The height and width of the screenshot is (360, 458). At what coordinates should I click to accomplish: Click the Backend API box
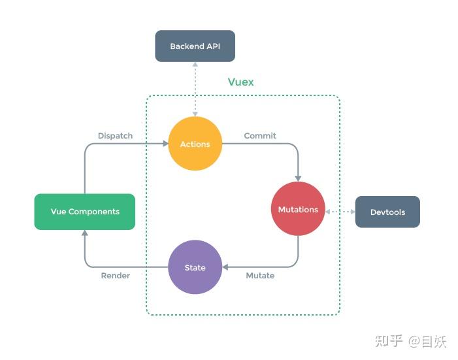pyautogui.click(x=195, y=46)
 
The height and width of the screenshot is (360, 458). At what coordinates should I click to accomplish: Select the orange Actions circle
pyautogui.click(x=195, y=144)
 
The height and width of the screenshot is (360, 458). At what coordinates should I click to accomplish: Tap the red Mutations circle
pyautogui.click(x=298, y=209)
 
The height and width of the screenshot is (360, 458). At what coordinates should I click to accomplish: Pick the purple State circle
pyautogui.click(x=195, y=267)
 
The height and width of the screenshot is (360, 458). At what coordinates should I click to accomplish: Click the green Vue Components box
pyautogui.click(x=85, y=212)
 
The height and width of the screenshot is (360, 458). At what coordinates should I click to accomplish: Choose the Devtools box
pyautogui.click(x=387, y=212)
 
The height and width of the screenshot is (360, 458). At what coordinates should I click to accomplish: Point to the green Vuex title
pyautogui.click(x=240, y=82)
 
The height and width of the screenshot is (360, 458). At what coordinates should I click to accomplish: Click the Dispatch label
pyautogui.click(x=115, y=136)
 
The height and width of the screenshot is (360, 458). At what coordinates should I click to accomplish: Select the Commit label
pyautogui.click(x=260, y=136)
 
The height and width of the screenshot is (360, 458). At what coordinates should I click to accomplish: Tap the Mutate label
pyautogui.click(x=260, y=276)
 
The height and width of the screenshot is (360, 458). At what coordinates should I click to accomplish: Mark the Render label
pyautogui.click(x=115, y=276)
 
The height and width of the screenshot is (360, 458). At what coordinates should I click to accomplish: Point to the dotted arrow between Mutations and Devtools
pyautogui.click(x=340, y=212)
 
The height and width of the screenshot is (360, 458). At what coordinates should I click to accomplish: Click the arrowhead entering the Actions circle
pyautogui.click(x=164, y=144)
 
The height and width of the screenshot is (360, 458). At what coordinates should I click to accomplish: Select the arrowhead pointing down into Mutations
pyautogui.click(x=298, y=178)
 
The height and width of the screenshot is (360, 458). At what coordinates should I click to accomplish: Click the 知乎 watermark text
pyautogui.click(x=387, y=341)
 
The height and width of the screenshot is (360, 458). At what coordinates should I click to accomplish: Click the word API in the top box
pyautogui.click(x=213, y=46)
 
